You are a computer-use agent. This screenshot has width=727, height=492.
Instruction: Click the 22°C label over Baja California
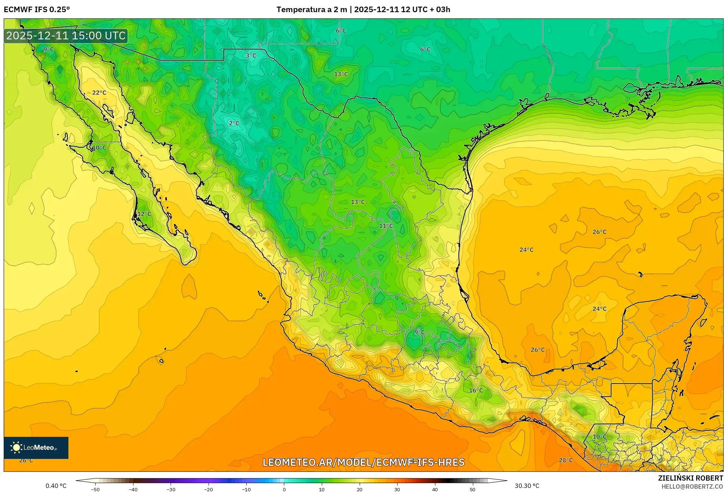(x=99, y=93)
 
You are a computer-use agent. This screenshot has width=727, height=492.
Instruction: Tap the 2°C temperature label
(x=234, y=124)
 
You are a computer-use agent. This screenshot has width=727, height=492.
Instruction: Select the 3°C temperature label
(x=251, y=56)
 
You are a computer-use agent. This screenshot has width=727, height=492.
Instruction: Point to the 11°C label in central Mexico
(x=386, y=226)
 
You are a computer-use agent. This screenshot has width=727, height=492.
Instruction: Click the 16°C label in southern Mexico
(x=475, y=391)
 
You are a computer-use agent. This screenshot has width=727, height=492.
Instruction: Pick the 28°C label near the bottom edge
(x=566, y=460)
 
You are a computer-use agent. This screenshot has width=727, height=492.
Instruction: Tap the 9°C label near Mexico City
(x=419, y=332)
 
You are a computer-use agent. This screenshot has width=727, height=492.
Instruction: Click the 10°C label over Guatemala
(x=599, y=437)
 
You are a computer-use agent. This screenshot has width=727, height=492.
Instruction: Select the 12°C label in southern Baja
(x=144, y=214)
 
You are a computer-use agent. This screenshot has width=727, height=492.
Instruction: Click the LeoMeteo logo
(x=36, y=448)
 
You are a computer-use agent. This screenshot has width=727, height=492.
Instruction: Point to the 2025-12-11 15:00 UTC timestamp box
(x=66, y=36)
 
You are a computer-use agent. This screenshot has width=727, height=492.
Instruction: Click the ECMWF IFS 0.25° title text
(x=37, y=9)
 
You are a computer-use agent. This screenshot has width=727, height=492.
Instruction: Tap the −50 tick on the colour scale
(x=95, y=489)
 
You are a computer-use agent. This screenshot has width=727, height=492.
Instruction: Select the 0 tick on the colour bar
(x=284, y=489)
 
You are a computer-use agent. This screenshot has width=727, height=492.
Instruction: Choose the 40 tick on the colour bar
(x=435, y=489)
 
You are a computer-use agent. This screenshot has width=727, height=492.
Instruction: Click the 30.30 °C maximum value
(x=527, y=486)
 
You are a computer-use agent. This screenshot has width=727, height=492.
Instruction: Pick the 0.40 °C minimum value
(x=56, y=486)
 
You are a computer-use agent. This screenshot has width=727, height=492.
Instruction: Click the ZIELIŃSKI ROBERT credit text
(x=690, y=478)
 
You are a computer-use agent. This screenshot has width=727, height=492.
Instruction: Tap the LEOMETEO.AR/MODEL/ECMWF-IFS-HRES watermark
(x=363, y=462)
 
